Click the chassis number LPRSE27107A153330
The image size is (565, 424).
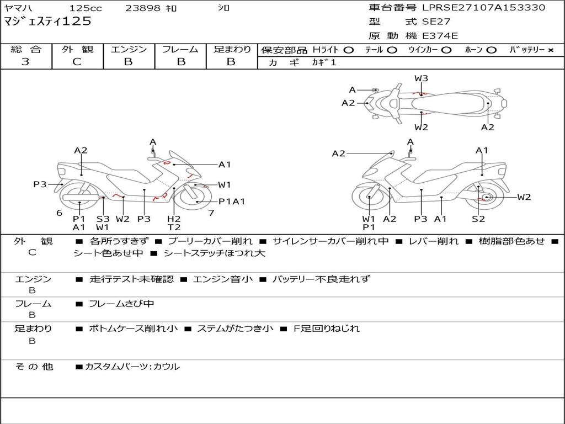(483, 8)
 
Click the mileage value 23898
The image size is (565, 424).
(143, 8)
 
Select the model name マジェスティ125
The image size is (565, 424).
(47, 22)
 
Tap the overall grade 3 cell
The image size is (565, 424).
(25, 62)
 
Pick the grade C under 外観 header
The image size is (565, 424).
(77, 62)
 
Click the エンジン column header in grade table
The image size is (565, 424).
(129, 50)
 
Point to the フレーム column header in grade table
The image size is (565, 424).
(180, 50)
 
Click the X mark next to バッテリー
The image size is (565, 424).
(551, 50)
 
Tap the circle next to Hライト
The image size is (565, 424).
(348, 50)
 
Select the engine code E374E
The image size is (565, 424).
(440, 36)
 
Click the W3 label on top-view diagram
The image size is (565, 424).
(422, 78)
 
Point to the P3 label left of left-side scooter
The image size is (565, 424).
(40, 184)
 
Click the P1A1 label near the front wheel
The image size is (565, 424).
(232, 202)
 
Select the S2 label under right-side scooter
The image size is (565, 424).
(478, 219)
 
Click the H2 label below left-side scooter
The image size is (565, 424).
(174, 219)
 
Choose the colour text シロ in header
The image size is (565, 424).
(223, 8)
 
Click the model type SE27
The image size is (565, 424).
(436, 22)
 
